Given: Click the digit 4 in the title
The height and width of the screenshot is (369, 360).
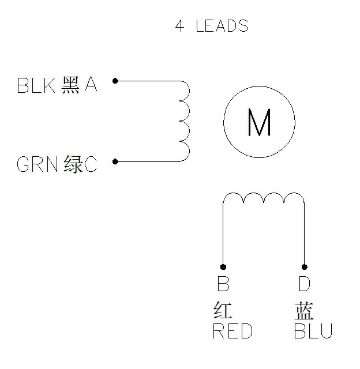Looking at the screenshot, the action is pyautogui.click(x=179, y=25).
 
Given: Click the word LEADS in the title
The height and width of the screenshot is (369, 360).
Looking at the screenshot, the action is pyautogui.click(x=222, y=25).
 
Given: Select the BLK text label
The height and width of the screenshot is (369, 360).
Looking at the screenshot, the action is pyautogui.click(x=36, y=85).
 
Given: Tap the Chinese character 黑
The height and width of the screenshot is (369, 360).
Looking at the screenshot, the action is pyautogui.click(x=70, y=85).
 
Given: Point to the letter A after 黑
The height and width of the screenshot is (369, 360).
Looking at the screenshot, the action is pyautogui.click(x=91, y=85).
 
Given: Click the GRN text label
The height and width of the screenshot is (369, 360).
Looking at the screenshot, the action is pyautogui.click(x=37, y=164).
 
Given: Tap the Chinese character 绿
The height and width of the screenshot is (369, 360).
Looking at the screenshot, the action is pyautogui.click(x=73, y=164).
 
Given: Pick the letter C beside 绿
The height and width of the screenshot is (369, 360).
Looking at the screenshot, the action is pyautogui.click(x=91, y=164).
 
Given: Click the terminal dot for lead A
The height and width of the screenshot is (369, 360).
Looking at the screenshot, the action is pyautogui.click(x=115, y=81).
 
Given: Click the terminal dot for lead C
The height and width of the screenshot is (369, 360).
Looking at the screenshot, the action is pyautogui.click(x=115, y=161).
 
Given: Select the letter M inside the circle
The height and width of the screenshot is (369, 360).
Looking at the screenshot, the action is pyautogui.click(x=259, y=122).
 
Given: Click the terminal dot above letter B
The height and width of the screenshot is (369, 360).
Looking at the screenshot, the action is pyautogui.click(x=223, y=267).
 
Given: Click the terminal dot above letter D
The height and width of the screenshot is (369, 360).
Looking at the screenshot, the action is pyautogui.click(x=304, y=267).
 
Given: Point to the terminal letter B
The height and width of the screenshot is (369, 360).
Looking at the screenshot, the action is pyautogui.click(x=223, y=284).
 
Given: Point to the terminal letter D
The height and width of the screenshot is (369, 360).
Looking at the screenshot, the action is pyautogui.click(x=305, y=284).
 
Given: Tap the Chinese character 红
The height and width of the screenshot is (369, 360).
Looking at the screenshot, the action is pyautogui.click(x=223, y=310).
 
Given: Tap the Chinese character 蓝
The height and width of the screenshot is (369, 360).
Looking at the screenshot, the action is pyautogui.click(x=304, y=311).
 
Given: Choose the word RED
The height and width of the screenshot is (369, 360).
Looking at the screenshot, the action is pyautogui.click(x=232, y=331).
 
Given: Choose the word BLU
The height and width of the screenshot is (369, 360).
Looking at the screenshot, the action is pyautogui.click(x=313, y=331).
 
